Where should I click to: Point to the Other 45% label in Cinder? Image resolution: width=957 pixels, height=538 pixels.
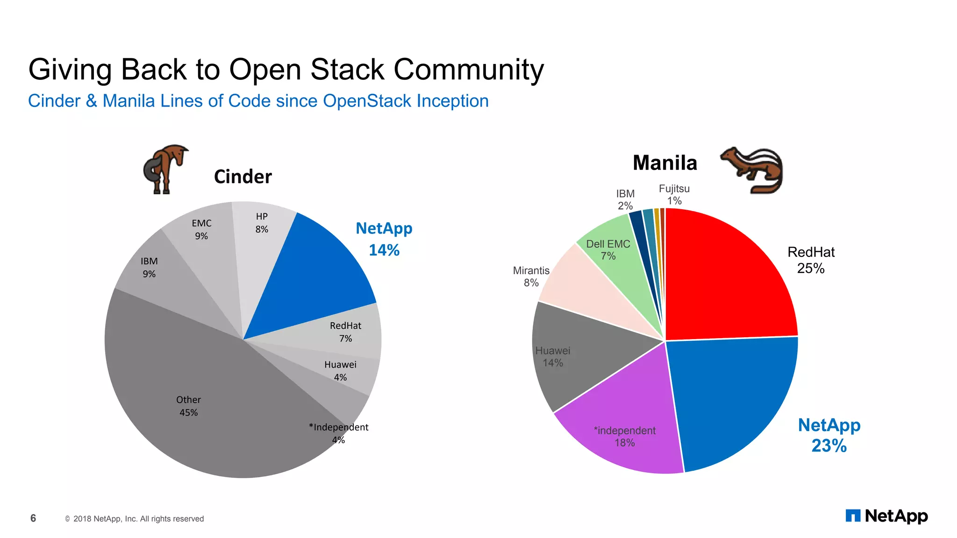(188, 406)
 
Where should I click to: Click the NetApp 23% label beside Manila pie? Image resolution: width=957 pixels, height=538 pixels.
(829, 435)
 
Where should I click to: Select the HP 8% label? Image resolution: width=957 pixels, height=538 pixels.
(262, 223)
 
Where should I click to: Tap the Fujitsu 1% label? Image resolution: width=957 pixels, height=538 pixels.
(674, 194)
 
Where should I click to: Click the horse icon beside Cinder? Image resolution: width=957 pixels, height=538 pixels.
(164, 169)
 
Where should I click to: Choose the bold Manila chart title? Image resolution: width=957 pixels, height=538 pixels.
(664, 163)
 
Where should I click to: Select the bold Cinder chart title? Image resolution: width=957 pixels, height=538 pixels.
(243, 177)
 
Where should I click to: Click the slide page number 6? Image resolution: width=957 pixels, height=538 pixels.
(33, 518)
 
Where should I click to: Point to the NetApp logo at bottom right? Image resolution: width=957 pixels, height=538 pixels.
(886, 516)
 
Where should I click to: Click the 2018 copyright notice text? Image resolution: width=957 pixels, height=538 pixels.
(138, 519)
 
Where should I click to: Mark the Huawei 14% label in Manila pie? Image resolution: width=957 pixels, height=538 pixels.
(552, 357)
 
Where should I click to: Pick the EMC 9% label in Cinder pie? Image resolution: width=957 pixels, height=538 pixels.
(201, 229)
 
